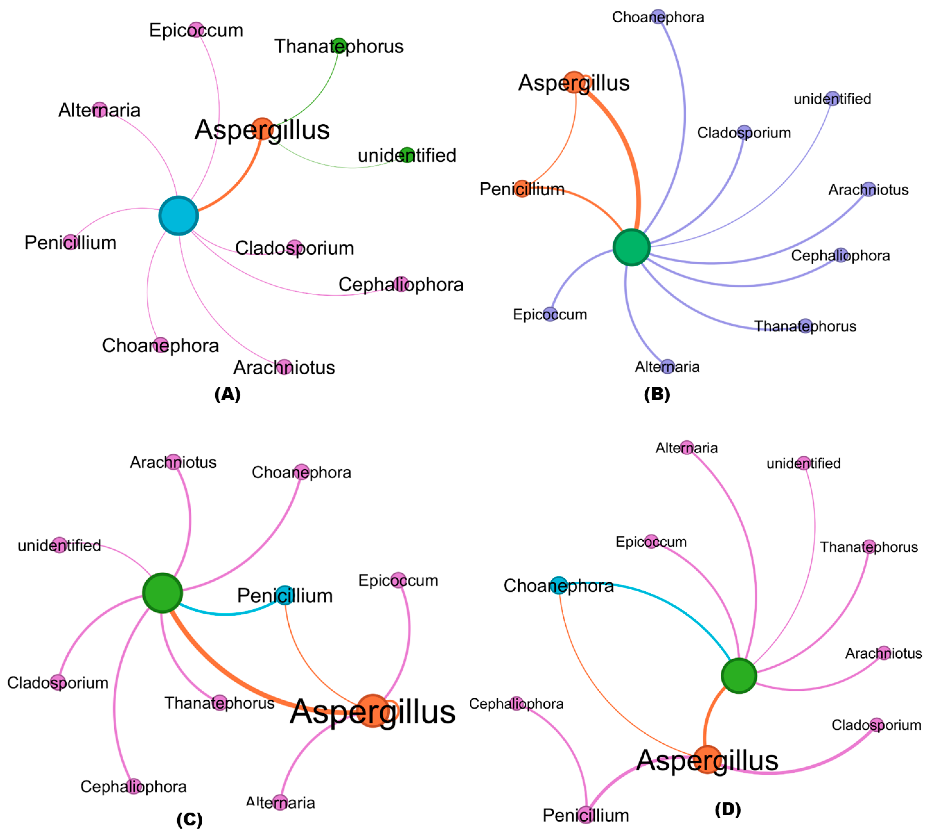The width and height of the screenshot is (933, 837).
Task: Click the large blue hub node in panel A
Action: pyautogui.click(x=178, y=216)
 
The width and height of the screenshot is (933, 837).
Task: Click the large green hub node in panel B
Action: pyautogui.click(x=631, y=247)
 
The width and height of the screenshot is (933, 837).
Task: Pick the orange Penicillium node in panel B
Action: pyautogui.click(x=522, y=189)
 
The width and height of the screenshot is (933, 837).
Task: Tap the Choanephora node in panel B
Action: pyautogui.click(x=658, y=17)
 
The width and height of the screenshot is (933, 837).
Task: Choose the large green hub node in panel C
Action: pyautogui.click(x=162, y=593)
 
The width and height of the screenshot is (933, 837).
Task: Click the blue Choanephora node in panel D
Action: pyautogui.click(x=559, y=585)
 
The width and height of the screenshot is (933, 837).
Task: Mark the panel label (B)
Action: pyautogui.click(x=657, y=394)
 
